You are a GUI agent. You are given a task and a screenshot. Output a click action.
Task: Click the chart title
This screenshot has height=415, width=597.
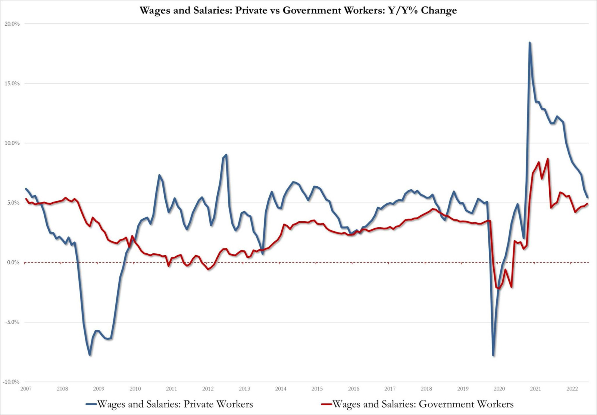coord(298,10)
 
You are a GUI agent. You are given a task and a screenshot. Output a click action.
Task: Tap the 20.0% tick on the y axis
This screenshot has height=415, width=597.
coord(12,24)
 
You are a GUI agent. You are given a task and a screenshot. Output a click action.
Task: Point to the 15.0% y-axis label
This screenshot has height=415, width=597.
coord(12,83)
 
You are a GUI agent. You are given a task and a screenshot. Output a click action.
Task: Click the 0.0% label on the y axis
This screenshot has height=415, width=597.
coord(13,263)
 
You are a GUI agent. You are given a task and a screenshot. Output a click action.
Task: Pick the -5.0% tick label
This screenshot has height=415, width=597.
coord(12,322)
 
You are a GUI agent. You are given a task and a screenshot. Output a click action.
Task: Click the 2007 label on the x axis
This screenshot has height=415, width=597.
coord(26,389)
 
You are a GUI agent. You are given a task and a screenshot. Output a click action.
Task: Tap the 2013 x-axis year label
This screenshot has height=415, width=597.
coord(244,389)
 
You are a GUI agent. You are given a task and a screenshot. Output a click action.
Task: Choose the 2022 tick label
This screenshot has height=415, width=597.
coord(572,389)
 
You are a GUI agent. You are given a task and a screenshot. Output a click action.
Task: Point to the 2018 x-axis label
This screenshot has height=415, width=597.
coord(426,389)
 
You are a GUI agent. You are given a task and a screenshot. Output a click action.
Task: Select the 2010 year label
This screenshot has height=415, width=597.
coord(135,389)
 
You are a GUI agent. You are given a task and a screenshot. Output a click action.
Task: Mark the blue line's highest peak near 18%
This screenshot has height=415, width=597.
coord(529,43)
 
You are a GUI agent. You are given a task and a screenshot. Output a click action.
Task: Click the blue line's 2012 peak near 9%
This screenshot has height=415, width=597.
coord(226,155)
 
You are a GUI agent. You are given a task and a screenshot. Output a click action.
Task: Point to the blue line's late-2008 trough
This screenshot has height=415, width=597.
coord(90,355)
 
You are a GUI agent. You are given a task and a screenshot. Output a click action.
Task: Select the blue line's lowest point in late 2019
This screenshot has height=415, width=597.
coord(493,355)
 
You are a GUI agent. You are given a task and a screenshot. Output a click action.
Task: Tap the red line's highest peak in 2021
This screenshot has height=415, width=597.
coord(547,159)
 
